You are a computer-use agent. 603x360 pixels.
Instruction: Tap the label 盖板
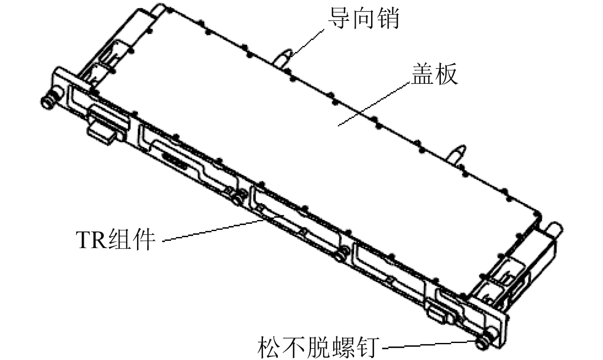click(x=434, y=75)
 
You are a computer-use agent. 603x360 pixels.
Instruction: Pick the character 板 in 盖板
click(x=446, y=75)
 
